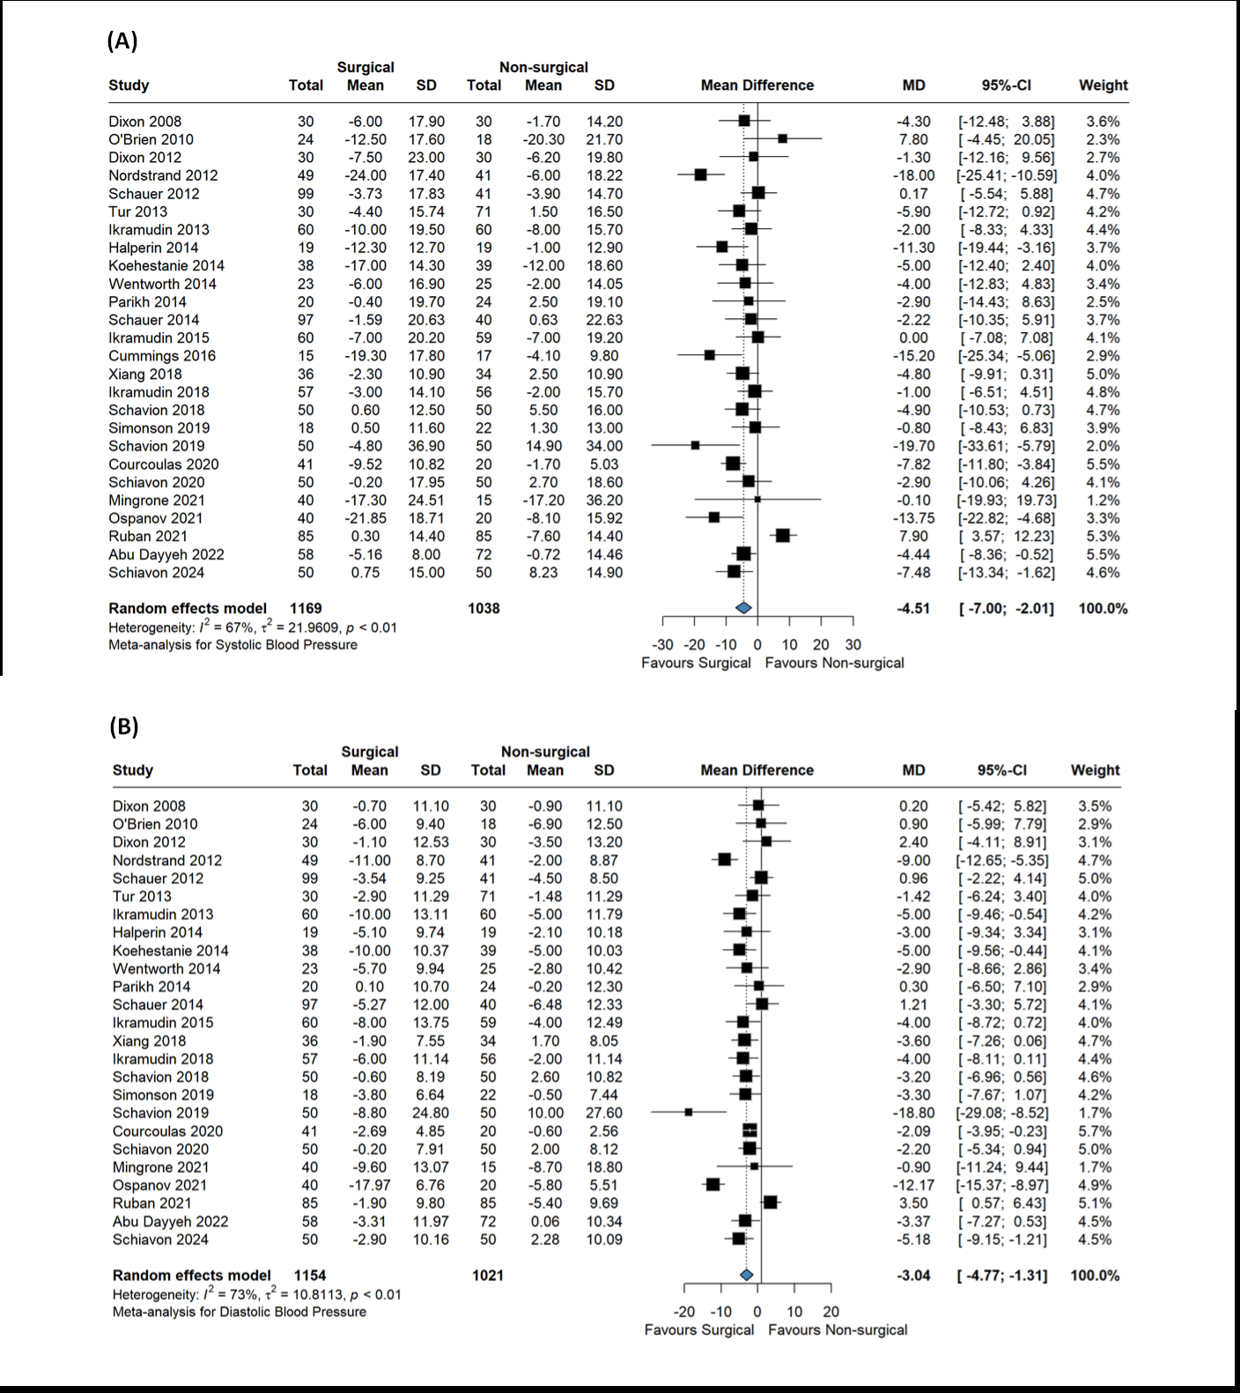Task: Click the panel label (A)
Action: click(122, 41)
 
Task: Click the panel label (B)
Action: click(124, 726)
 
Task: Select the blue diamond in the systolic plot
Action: click(743, 608)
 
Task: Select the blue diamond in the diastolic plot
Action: click(747, 1275)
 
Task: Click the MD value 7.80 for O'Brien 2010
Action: click(914, 139)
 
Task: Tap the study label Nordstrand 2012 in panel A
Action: click(163, 175)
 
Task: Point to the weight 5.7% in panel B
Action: click(1095, 1131)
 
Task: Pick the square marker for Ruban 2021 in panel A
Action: click(782, 536)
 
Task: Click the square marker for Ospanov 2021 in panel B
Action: click(712, 1185)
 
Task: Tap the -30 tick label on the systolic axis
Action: click(662, 645)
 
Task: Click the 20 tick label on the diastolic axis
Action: click(831, 1312)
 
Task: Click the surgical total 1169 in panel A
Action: click(306, 608)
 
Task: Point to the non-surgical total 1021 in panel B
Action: click(488, 1275)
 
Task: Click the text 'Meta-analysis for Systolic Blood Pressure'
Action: click(232, 645)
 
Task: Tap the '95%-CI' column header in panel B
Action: click(1002, 770)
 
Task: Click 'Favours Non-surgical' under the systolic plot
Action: click(834, 663)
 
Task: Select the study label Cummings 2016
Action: click(162, 356)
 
